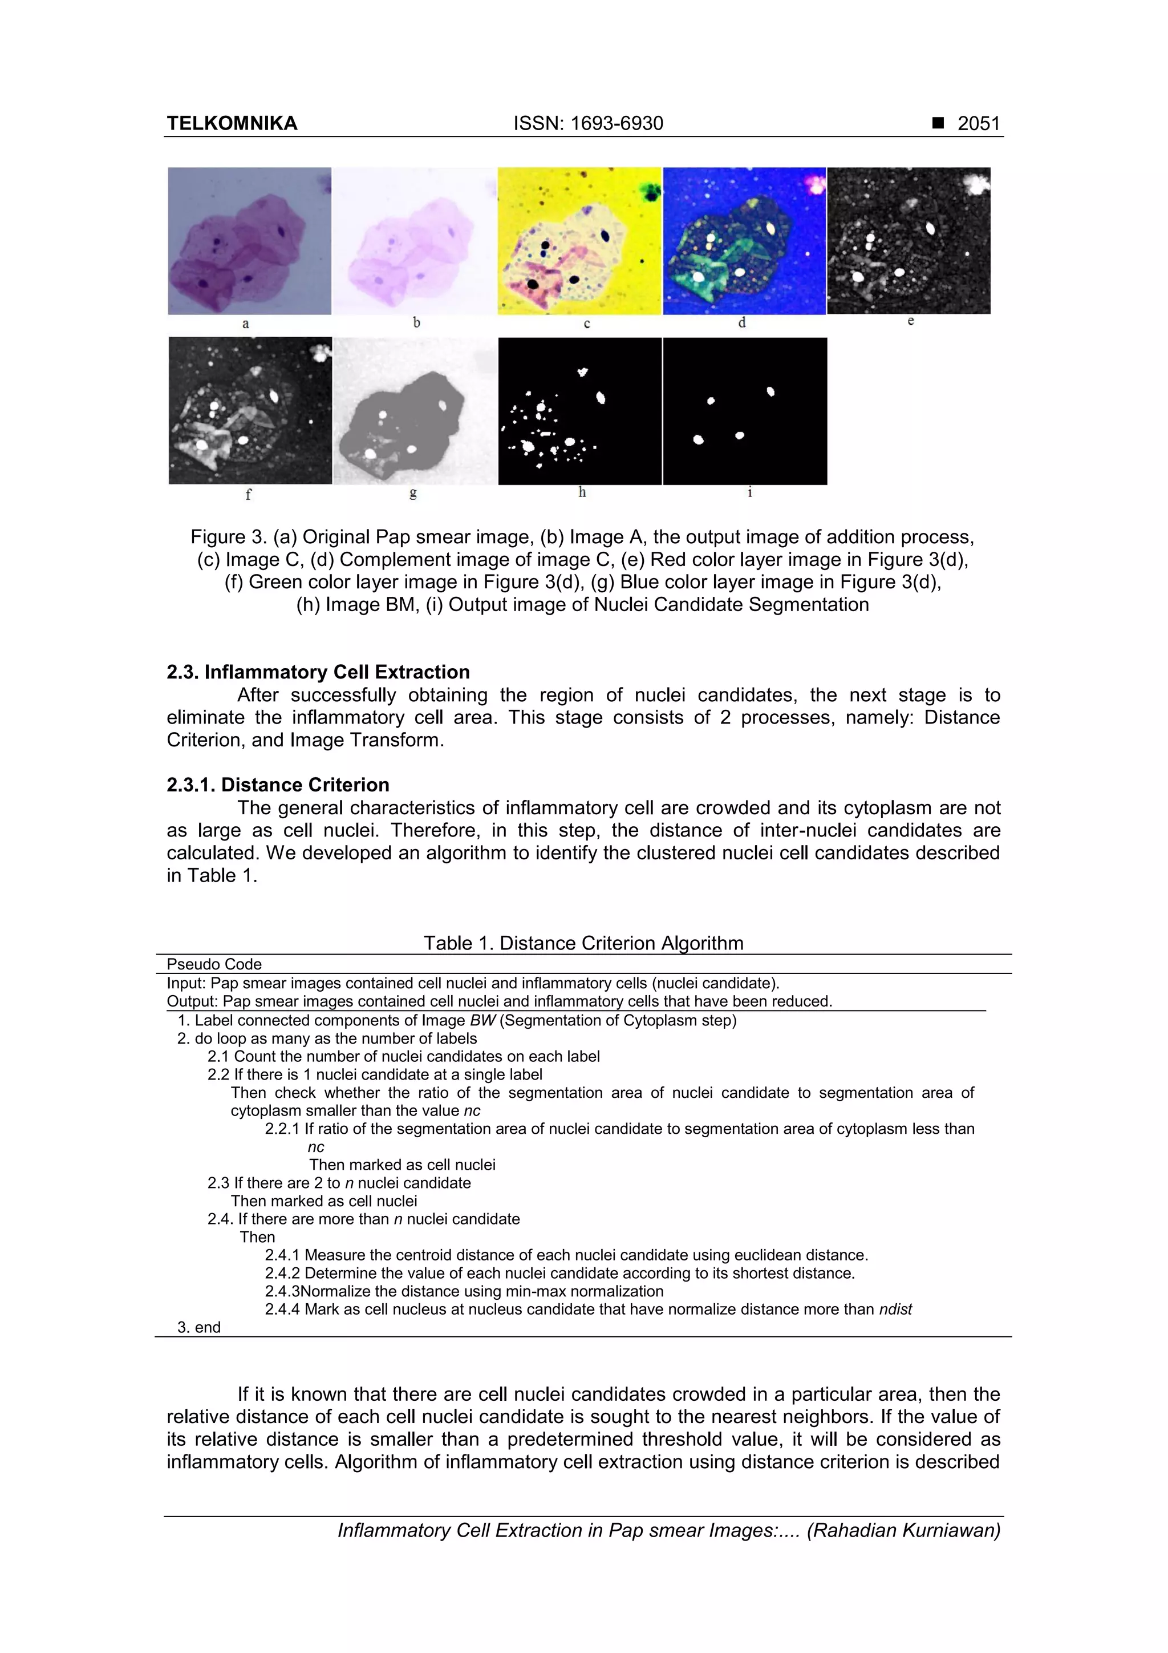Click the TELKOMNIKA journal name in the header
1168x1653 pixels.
pos(232,123)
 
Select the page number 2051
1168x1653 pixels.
pos(979,123)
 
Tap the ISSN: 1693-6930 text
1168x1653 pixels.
pos(588,123)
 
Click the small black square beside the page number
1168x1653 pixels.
pos(938,123)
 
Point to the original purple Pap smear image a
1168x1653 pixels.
pos(250,240)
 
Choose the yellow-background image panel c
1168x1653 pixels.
pos(579,240)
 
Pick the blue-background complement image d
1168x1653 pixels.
pos(744,240)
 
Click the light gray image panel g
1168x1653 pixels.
pos(415,410)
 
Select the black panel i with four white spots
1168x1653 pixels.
pos(745,410)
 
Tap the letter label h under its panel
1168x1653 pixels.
pos(582,492)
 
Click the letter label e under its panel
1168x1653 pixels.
pos(910,321)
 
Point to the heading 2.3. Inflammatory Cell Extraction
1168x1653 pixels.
pos(318,672)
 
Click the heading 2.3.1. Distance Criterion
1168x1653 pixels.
pos(278,784)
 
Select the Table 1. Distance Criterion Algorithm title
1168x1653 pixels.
pos(583,943)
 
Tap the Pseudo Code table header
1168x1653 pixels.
pos(214,964)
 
